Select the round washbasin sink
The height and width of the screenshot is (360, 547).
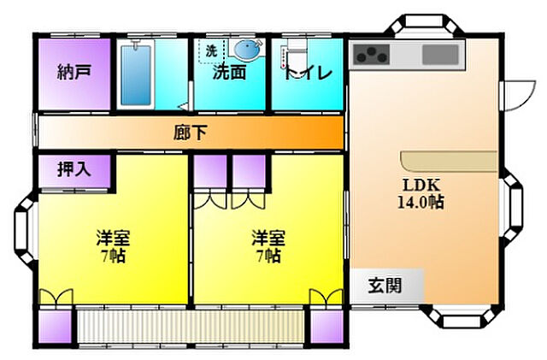click(248, 47)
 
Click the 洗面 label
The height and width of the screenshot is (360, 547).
click(230, 73)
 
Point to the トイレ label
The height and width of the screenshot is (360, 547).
click(307, 73)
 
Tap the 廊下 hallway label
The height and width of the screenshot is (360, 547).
click(190, 133)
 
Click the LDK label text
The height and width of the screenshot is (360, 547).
click(421, 184)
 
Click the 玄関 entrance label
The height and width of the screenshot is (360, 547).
click(385, 285)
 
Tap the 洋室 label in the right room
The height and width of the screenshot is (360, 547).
click(268, 237)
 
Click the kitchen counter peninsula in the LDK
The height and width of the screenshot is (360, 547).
click(449, 160)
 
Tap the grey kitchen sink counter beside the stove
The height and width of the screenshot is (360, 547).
click(441, 56)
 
